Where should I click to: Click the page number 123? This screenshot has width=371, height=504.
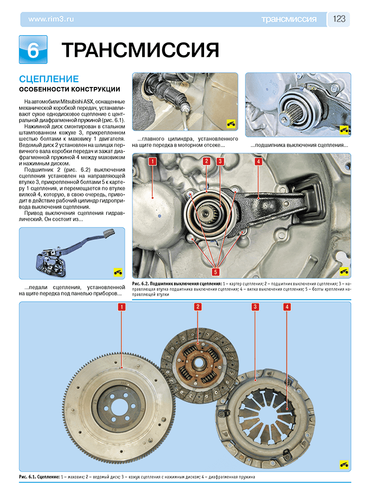(339, 19)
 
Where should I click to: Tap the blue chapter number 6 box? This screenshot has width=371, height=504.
(33, 50)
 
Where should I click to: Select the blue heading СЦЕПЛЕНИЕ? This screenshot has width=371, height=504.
(49, 79)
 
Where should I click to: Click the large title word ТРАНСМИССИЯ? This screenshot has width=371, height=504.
(140, 50)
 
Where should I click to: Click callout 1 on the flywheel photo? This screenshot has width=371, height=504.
(122, 307)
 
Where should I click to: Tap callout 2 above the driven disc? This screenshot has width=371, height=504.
(198, 307)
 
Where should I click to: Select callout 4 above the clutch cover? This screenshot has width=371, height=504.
(287, 307)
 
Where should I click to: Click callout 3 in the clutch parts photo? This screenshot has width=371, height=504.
(255, 307)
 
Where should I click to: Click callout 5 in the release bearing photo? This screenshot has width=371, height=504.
(216, 272)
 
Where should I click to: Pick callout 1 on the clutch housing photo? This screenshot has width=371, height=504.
(152, 161)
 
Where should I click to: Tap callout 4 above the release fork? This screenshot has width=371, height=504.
(258, 161)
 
